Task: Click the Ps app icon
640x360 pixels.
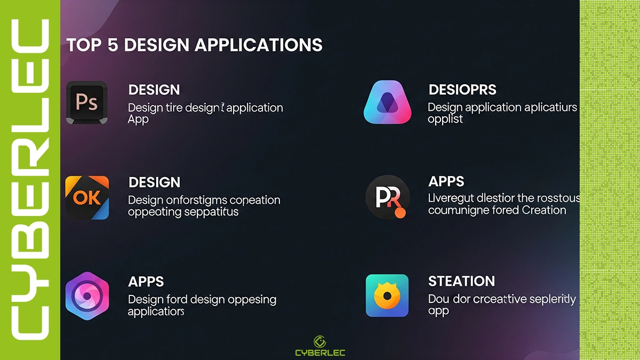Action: click(x=87, y=102)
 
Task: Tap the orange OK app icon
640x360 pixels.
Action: click(x=87, y=198)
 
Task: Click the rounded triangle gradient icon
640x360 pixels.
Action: click(x=388, y=102)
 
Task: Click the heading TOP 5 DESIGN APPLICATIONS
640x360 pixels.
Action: click(x=194, y=45)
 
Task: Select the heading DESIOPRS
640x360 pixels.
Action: click(x=462, y=90)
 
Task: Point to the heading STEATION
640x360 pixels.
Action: click(x=461, y=281)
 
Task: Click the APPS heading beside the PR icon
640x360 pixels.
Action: click(x=446, y=181)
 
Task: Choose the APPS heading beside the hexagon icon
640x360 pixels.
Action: click(x=146, y=282)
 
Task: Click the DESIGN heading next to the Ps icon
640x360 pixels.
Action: click(x=154, y=90)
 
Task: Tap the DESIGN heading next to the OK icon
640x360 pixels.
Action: click(x=154, y=183)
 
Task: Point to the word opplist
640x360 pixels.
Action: click(x=445, y=119)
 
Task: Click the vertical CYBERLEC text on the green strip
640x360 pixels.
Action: click(x=30, y=180)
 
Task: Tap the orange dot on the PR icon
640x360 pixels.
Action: click(x=401, y=213)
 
